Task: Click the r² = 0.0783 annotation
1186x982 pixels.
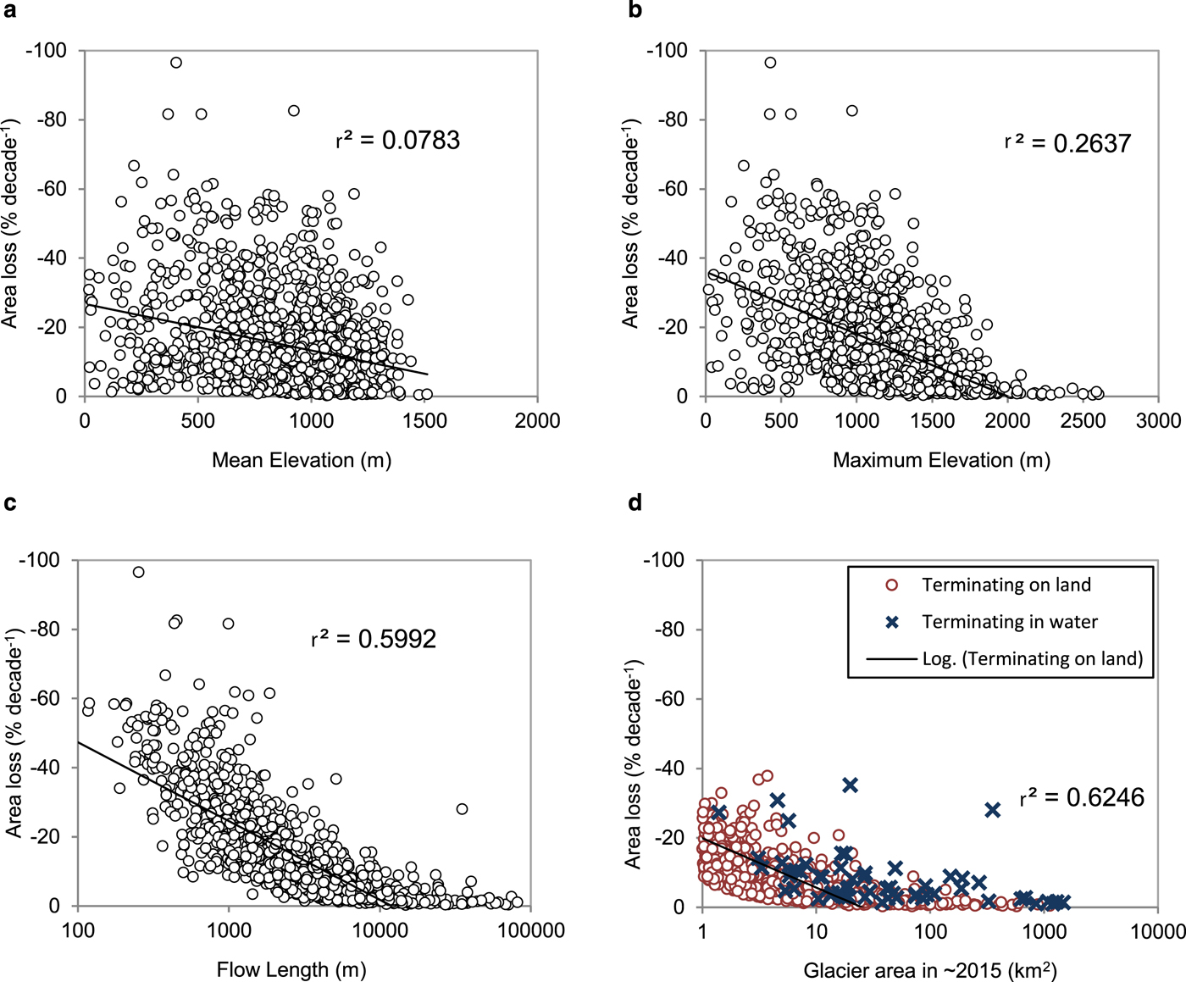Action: (397, 140)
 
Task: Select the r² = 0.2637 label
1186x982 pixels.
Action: (1067, 143)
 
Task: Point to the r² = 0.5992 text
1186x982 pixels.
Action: (374, 639)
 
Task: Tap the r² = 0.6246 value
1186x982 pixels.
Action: (1082, 797)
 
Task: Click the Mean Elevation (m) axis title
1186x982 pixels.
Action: (301, 460)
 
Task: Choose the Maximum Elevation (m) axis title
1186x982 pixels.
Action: (941, 460)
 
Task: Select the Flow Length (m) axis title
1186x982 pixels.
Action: (291, 969)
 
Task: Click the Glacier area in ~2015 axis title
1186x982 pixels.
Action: (929, 970)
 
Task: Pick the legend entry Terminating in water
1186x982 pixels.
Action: (1009, 622)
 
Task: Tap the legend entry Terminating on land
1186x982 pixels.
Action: (1006, 585)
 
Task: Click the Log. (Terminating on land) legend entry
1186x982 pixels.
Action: (1032, 658)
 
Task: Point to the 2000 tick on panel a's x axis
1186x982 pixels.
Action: (537, 421)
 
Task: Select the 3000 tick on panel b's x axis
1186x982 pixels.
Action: (1158, 421)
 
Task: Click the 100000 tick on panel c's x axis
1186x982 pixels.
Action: (530, 930)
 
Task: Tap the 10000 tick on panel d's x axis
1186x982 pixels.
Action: (1158, 931)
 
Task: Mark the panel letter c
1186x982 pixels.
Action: (10, 503)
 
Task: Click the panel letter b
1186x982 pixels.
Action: (635, 10)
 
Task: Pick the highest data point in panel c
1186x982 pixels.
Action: (139, 573)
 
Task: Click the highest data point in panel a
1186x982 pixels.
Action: (176, 63)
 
